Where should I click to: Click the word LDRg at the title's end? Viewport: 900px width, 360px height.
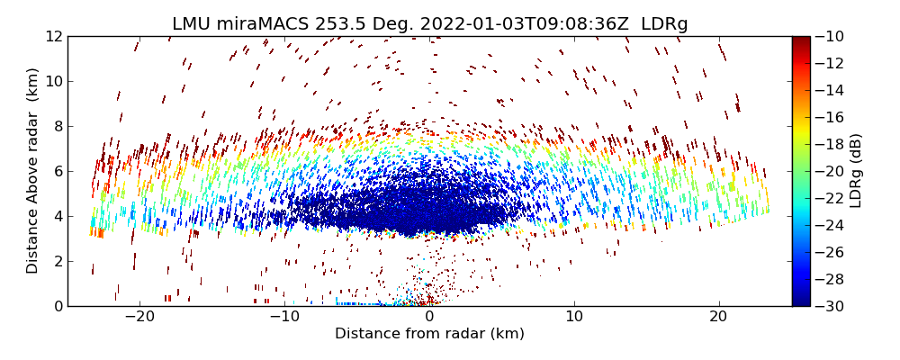click(664, 24)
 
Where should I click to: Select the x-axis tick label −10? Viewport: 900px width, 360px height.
click(283, 318)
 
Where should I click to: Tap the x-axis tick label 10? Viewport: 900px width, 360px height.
click(573, 318)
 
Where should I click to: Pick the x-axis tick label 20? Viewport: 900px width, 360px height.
click(718, 318)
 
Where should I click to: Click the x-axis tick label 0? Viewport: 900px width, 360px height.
click(429, 318)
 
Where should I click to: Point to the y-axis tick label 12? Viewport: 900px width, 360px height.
click(53, 36)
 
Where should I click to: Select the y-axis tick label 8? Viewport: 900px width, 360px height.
click(57, 126)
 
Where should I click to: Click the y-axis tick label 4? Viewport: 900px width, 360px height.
click(57, 216)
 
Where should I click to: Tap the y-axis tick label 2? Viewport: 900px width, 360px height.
click(57, 261)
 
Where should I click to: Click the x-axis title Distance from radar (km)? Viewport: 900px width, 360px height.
click(429, 334)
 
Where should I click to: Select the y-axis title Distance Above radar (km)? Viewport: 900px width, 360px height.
click(33, 171)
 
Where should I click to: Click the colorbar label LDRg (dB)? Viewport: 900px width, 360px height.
click(856, 171)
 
